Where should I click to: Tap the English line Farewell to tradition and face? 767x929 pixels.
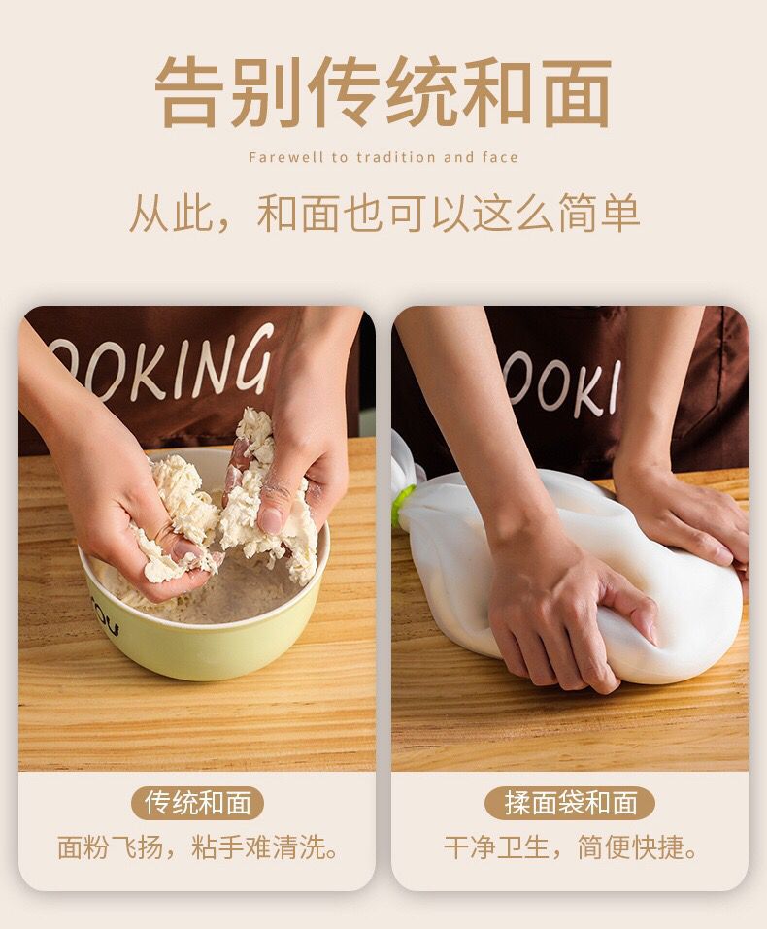point(383,157)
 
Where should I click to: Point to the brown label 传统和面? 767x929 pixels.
point(198,803)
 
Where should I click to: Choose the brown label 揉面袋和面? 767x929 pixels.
point(571,803)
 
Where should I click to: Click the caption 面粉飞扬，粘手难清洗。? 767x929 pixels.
point(198,847)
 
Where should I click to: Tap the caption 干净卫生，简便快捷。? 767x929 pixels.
point(571,847)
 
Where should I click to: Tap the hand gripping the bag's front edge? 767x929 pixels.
point(563,621)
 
